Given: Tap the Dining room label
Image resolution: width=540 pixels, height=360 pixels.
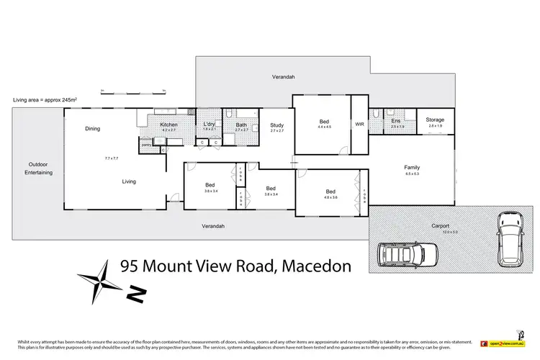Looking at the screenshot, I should (92, 129).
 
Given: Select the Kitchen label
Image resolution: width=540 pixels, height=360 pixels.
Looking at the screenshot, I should (169, 125).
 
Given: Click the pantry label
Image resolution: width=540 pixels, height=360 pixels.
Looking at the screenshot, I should (146, 145).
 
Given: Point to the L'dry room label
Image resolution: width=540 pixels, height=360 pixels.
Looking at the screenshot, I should (210, 125).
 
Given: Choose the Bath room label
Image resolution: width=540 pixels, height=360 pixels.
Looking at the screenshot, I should (241, 125).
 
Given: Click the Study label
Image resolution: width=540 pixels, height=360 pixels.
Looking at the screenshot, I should (277, 125).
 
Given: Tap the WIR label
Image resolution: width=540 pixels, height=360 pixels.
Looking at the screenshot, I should (359, 125).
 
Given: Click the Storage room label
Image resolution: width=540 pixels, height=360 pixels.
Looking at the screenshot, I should (434, 120).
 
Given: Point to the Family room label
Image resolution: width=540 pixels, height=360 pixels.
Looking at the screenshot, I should (412, 166).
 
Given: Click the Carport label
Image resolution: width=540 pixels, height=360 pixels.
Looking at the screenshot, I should (441, 225).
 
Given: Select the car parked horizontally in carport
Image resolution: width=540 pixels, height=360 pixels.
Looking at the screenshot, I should (408, 254).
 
